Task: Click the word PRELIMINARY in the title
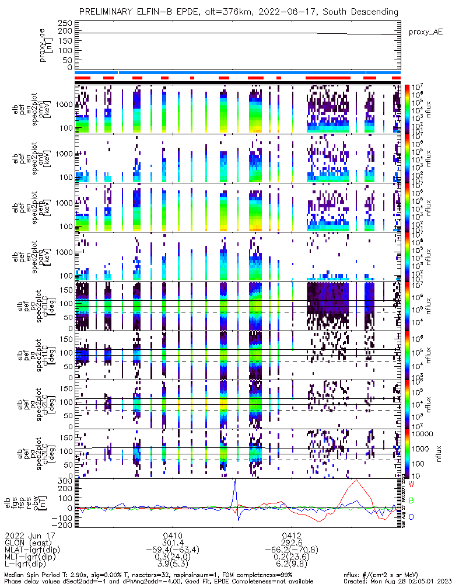[x=108, y=12]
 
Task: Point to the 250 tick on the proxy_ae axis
[x=65, y=22]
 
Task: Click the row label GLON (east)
[x=30, y=542]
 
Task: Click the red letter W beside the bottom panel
[x=411, y=485]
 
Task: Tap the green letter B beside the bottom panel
[x=411, y=500]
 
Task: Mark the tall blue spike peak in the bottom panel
[x=234, y=481]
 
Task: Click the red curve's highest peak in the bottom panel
[x=356, y=481]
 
